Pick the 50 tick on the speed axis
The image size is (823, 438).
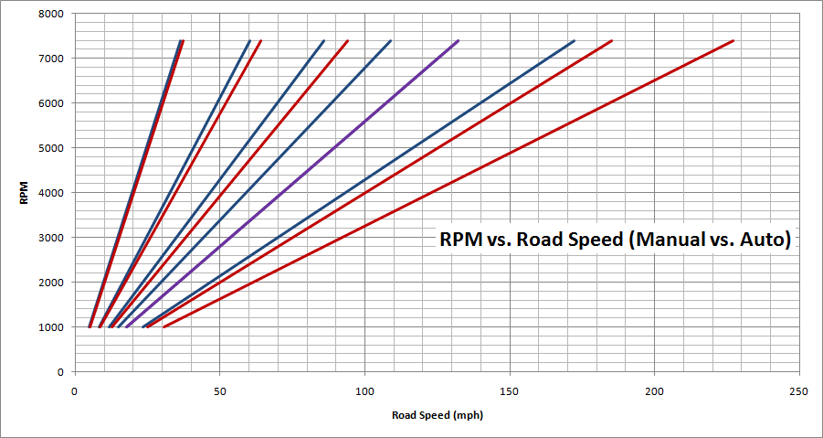point(219,390)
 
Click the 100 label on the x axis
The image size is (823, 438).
point(364,390)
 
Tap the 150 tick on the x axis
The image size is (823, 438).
point(509,390)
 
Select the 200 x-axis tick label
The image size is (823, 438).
point(654,390)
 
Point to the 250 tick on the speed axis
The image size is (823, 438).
point(798,390)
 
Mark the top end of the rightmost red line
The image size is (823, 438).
point(733,41)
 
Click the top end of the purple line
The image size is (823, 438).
point(458,41)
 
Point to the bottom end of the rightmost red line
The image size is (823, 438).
point(164,326)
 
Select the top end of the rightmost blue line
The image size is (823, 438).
point(574,41)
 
